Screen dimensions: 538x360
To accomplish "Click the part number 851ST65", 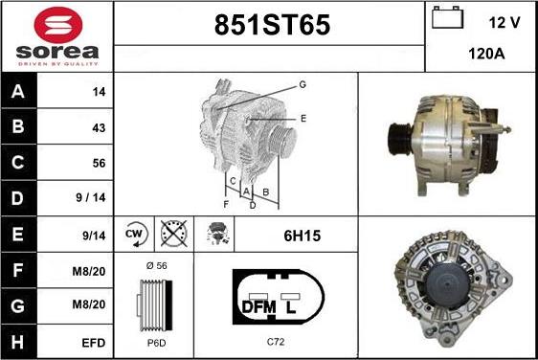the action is click(272, 25).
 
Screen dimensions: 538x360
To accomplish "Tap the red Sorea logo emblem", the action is click(58, 25).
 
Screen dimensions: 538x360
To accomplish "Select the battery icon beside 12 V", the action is click(447, 17).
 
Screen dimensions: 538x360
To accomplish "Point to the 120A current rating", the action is click(486, 54).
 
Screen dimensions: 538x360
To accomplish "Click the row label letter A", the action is click(18, 91).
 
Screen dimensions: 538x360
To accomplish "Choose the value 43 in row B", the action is click(99, 128).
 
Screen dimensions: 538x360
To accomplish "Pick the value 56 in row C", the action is click(99, 163).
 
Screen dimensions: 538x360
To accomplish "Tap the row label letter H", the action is click(17, 342).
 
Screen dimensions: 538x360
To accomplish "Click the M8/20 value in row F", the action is click(88, 272).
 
